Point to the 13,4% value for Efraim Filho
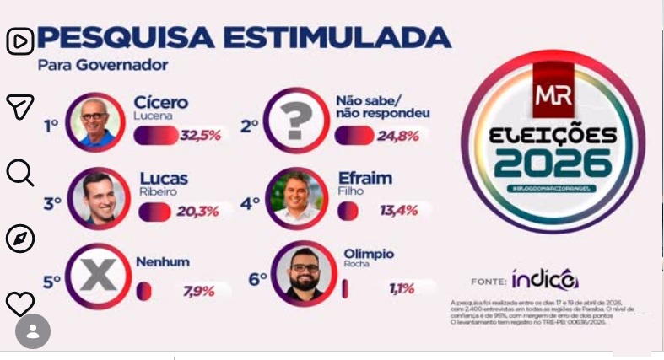(x=398, y=211)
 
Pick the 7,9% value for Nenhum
(x=199, y=291)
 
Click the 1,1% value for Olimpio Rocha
(x=401, y=289)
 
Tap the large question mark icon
(x=294, y=121)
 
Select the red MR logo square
(x=553, y=99)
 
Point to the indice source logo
(x=544, y=278)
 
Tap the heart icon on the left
(x=20, y=304)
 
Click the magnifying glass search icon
(x=20, y=173)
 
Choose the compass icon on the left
(x=20, y=239)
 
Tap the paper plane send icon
(x=20, y=106)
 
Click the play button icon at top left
(x=20, y=40)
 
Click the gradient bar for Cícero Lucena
(x=156, y=135)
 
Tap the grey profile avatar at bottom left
(x=33, y=331)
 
